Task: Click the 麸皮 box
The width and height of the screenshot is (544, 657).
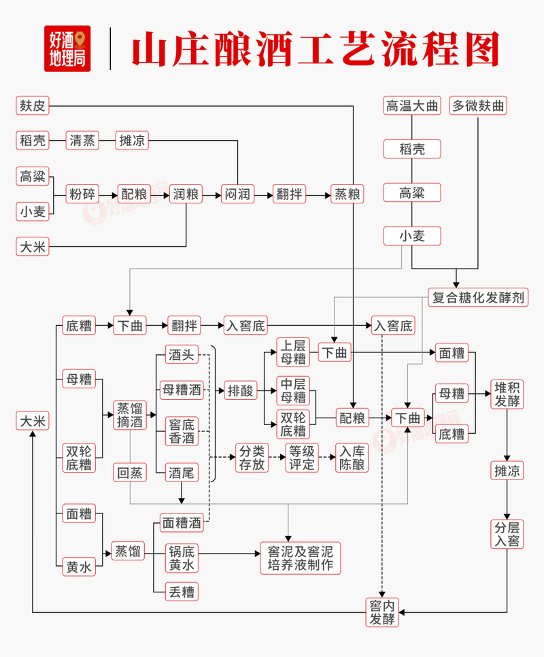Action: [x=33, y=105]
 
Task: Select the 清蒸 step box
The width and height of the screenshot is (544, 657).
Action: [x=82, y=141]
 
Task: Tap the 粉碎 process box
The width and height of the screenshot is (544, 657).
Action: [x=82, y=195]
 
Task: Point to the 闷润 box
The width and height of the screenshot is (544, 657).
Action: [x=237, y=195]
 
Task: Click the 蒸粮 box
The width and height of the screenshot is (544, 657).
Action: [x=347, y=195]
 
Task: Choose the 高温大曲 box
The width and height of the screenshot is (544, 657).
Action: [x=411, y=105]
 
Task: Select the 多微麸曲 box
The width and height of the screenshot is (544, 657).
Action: [x=479, y=105]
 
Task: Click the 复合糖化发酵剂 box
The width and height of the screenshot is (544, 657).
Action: [x=479, y=297]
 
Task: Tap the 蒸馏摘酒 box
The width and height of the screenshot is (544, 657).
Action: [x=130, y=415]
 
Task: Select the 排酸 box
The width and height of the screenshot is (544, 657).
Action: [x=240, y=390]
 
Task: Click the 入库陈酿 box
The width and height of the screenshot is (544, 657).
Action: [x=353, y=457]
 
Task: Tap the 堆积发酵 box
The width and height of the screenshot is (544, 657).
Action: [x=507, y=394]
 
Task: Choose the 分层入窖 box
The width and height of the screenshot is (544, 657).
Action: [x=507, y=534]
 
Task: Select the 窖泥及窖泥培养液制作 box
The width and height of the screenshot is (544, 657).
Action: [x=300, y=558]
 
